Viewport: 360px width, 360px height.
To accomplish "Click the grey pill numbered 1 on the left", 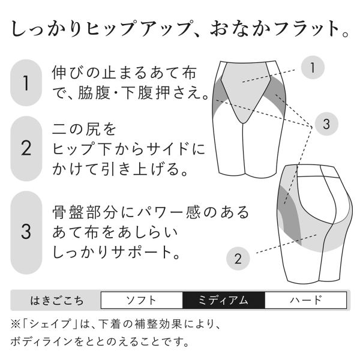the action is [26, 83].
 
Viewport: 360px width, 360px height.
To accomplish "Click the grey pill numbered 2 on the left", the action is [26, 149].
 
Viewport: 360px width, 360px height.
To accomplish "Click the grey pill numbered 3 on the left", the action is [26, 232].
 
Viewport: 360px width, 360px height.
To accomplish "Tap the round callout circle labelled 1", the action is [313, 67].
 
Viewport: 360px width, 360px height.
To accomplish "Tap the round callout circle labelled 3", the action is [326, 124].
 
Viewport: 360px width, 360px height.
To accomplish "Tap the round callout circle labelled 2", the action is [238, 258].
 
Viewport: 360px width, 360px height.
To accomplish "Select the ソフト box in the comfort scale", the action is [142, 300].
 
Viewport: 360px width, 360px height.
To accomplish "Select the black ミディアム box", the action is [224, 300].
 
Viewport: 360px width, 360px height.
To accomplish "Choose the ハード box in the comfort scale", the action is [305, 300].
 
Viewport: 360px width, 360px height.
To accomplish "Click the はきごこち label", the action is [57, 301].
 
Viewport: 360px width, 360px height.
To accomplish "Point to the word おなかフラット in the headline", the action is [275, 29].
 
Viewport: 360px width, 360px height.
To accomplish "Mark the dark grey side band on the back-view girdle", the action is [289, 216].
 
